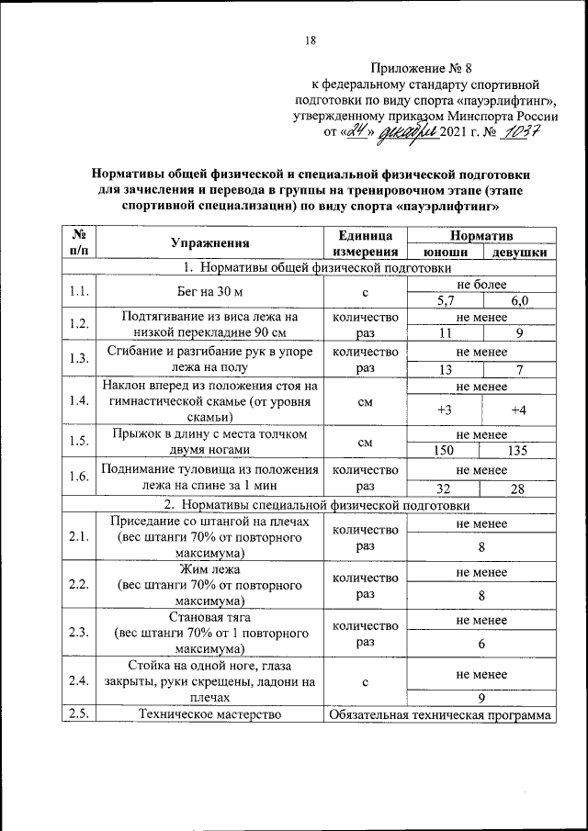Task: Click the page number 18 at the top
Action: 310,40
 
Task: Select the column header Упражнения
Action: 210,243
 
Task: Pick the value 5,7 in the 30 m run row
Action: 445,300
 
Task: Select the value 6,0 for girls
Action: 519,300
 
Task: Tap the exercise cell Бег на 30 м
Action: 210,292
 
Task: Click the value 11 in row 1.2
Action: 445,333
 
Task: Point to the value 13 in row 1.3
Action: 445,369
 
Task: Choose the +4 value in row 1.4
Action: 519,410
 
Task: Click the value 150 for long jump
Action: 445,451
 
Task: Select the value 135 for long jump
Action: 519,451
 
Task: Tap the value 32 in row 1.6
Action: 445,488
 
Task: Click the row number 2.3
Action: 78,633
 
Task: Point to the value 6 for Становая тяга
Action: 481,644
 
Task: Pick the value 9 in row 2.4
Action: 481,698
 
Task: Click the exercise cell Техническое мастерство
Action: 210,715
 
